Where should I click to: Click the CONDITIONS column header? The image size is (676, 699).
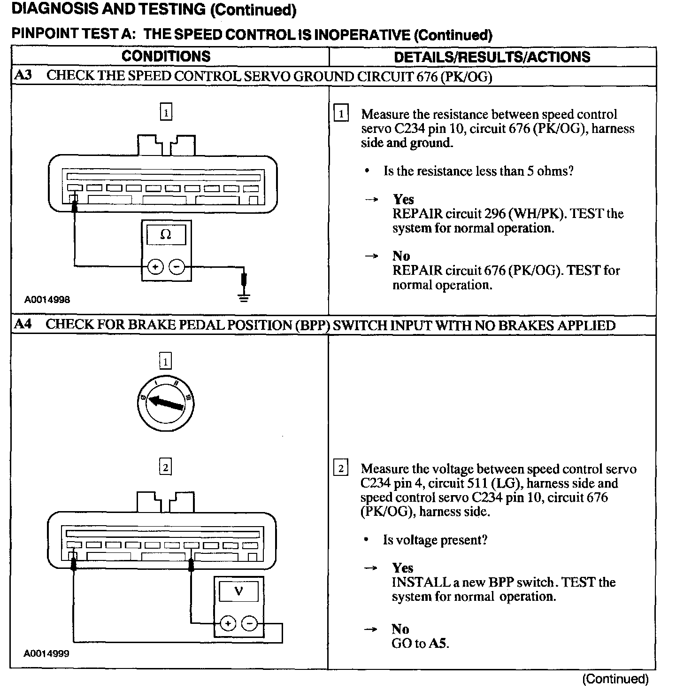pyautogui.click(x=166, y=56)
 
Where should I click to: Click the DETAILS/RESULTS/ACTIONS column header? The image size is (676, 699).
pyautogui.click(x=492, y=57)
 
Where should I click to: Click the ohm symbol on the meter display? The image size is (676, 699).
pyautogui.click(x=166, y=234)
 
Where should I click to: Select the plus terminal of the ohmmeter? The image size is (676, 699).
pyautogui.click(x=155, y=267)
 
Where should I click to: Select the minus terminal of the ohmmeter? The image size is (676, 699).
pyautogui.click(x=177, y=267)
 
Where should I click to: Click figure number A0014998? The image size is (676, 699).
pyautogui.click(x=47, y=299)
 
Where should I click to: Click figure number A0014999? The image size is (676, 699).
pyautogui.click(x=46, y=653)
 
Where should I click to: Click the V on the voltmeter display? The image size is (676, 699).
pyautogui.click(x=238, y=591)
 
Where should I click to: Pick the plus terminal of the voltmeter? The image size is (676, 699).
pyautogui.click(x=228, y=624)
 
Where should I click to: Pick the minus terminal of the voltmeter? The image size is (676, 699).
pyautogui.click(x=249, y=624)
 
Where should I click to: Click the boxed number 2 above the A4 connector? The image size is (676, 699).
pyautogui.click(x=165, y=467)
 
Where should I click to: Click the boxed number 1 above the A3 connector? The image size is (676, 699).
pyautogui.click(x=166, y=112)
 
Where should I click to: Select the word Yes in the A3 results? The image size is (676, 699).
pyautogui.click(x=403, y=199)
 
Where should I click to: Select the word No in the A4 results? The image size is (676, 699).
pyautogui.click(x=400, y=629)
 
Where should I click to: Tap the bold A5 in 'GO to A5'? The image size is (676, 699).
pyautogui.click(x=438, y=643)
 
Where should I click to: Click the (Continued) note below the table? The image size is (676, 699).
pyautogui.click(x=615, y=679)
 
